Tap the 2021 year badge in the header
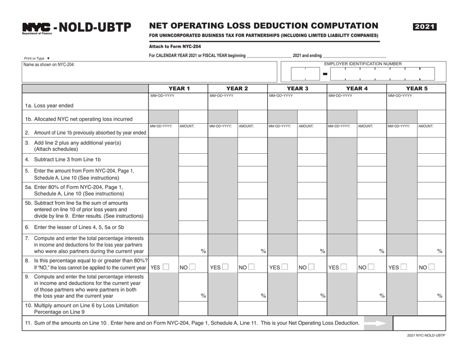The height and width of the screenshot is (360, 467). (425, 27)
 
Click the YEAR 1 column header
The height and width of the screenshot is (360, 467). (178, 88)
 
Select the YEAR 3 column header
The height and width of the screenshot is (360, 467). (297, 88)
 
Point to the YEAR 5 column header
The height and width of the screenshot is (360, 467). (416, 88)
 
